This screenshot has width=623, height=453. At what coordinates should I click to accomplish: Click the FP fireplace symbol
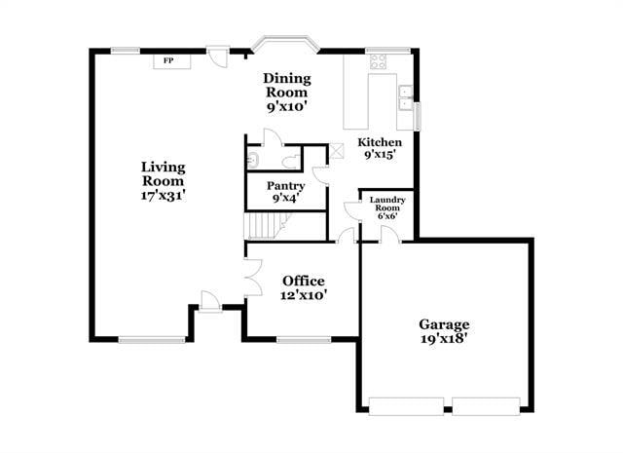[168, 60]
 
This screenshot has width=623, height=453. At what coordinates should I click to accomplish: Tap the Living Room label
[163, 180]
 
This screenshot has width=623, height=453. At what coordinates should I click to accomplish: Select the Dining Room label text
[288, 93]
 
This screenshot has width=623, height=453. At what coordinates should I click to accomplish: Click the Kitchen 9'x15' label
[381, 147]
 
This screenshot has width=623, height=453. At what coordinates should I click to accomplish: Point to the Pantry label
[286, 191]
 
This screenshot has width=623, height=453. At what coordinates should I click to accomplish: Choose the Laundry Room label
[386, 207]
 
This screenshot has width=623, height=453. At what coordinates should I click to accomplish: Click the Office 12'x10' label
[304, 287]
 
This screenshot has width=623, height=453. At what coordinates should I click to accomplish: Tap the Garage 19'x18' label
[444, 331]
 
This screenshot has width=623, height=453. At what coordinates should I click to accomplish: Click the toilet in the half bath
[289, 160]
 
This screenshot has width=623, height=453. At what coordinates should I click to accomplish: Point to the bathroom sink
[251, 160]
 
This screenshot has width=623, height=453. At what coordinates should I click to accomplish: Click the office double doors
[252, 281]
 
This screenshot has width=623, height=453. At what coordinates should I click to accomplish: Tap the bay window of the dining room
[285, 45]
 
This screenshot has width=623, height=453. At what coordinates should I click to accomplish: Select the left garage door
[408, 406]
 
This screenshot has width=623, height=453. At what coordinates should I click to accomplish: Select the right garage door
[486, 406]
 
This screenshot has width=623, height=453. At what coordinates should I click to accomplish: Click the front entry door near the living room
[209, 300]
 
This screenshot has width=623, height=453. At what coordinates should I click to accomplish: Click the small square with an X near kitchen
[336, 152]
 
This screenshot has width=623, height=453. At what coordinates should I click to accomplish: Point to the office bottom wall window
[304, 339]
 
